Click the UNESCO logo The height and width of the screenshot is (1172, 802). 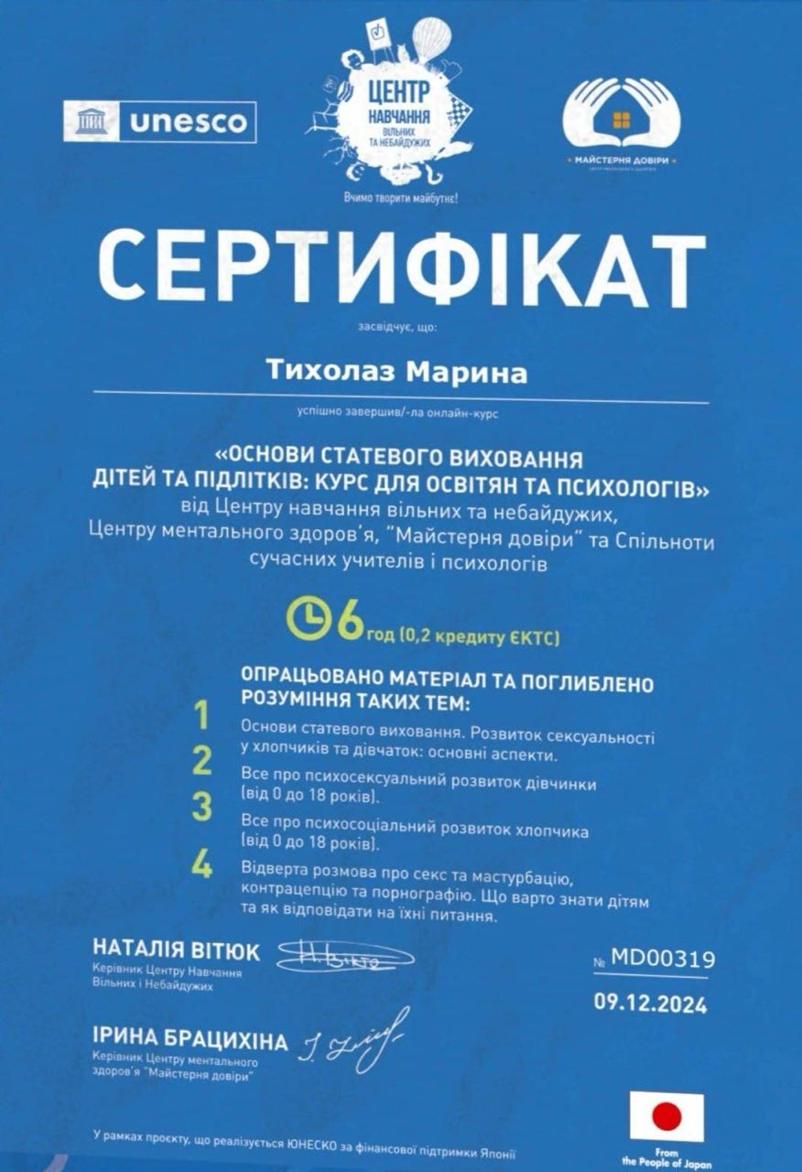pos(159,121)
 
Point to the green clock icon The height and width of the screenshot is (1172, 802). pos(308,620)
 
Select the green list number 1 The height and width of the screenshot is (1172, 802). pos(201,715)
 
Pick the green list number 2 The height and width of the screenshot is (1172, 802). pos(201,761)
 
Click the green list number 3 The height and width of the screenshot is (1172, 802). pos(201,807)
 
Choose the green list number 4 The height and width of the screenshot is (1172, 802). pos(201,865)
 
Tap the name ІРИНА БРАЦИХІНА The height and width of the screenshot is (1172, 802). pos(190,1041)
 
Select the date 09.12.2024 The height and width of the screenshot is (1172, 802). pos(650,1004)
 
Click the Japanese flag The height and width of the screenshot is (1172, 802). pos(667,1116)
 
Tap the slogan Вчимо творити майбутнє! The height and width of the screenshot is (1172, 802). pos(400,197)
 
